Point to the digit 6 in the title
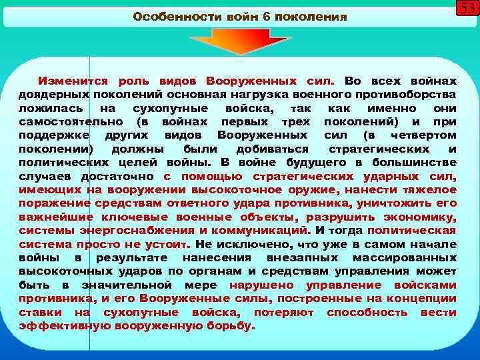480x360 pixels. coord(267,17)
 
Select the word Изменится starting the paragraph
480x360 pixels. coord(73,80)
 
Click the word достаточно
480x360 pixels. coord(118,177)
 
